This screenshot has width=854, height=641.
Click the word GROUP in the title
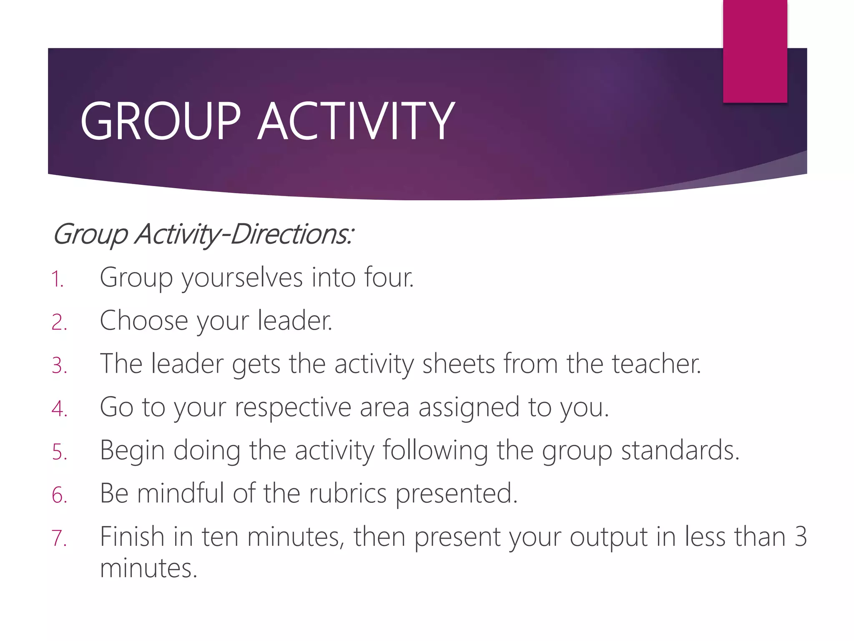point(161,121)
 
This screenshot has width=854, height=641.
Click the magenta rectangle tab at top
point(755,51)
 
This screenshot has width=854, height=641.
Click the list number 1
point(57,279)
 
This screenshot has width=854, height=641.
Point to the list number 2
point(59,323)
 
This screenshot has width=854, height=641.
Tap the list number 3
point(59,366)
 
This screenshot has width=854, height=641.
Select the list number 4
point(59,409)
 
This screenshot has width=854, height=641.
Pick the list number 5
point(59,452)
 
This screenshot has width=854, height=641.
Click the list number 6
point(59,495)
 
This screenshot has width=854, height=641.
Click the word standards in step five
point(680,451)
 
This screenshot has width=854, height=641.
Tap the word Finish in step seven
point(132,537)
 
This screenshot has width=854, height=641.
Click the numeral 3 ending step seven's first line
point(800,537)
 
